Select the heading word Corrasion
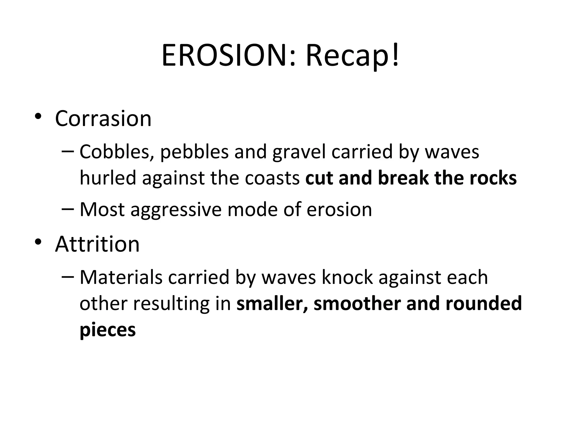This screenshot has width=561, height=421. (103, 119)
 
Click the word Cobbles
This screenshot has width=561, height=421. (114, 152)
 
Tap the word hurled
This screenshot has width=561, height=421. (108, 178)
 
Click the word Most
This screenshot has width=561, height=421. (102, 209)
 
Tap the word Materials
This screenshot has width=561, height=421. (121, 277)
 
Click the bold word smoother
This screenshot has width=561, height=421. (357, 304)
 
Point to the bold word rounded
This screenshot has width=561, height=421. (484, 304)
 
